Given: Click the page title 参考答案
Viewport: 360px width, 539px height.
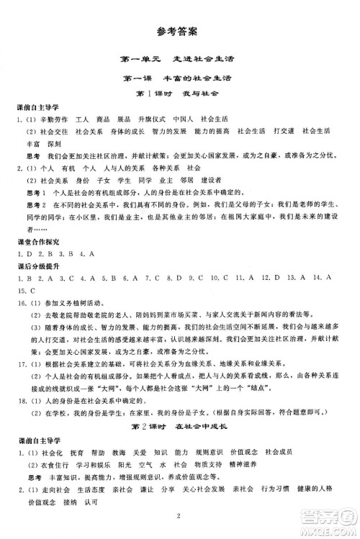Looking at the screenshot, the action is point(179,31).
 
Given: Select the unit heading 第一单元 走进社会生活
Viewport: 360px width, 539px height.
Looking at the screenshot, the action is point(179,60).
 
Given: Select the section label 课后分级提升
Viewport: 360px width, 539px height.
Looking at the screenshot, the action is point(35,263).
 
